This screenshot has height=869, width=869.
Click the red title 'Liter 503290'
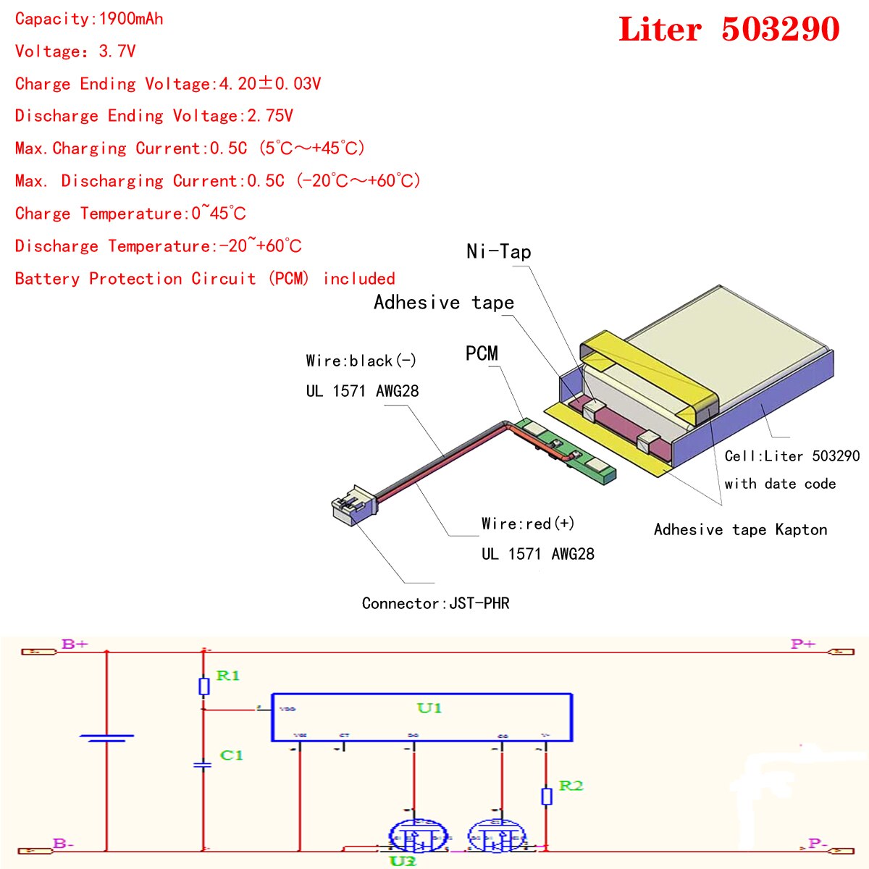click(x=729, y=30)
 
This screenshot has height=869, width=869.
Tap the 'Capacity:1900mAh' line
click(x=89, y=19)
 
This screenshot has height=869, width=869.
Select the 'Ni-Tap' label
click(x=498, y=251)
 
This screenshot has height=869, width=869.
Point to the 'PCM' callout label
click(x=482, y=353)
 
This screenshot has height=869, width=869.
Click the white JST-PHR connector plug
click(x=350, y=504)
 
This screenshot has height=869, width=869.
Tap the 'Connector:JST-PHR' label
click(x=435, y=603)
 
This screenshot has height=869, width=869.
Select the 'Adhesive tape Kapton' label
click(x=740, y=529)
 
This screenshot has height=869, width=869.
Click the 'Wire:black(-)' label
click(x=361, y=361)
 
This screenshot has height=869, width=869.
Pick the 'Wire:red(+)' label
click(x=527, y=523)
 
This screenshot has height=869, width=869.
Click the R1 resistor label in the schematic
click(x=227, y=675)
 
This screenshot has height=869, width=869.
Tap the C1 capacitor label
click(x=231, y=755)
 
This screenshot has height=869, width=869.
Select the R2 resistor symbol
click(x=547, y=796)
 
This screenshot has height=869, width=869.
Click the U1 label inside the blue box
click(x=429, y=708)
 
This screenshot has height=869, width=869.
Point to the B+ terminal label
click(x=75, y=644)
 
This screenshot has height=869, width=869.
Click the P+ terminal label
click(x=802, y=644)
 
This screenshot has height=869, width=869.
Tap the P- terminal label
click(x=818, y=844)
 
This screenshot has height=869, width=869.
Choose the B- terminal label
click(x=63, y=844)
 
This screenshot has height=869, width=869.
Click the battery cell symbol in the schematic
click(x=106, y=738)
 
